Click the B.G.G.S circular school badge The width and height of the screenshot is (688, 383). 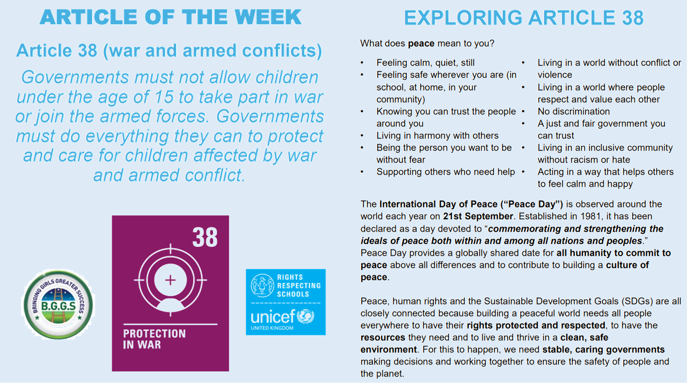pyautogui.click(x=58, y=305)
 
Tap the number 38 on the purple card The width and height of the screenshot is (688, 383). pyautogui.click(x=205, y=237)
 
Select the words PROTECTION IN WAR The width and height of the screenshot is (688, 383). pyautogui.click(x=154, y=339)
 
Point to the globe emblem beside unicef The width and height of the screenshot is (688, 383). pyautogui.click(x=306, y=317)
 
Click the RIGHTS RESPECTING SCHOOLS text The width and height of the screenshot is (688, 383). pyautogui.click(x=299, y=286)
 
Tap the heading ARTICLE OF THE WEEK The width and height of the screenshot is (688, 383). pyautogui.click(x=171, y=17)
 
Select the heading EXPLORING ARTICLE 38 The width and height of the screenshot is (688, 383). pyautogui.click(x=524, y=18)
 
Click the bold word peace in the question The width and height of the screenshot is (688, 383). pyautogui.click(x=421, y=44)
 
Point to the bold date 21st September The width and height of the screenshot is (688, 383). pyautogui.click(x=478, y=216)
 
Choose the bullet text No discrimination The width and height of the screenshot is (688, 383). pyautogui.click(x=574, y=111)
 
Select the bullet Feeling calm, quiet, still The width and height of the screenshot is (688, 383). pyautogui.click(x=425, y=63)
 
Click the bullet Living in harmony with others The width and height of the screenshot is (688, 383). pyautogui.click(x=437, y=135)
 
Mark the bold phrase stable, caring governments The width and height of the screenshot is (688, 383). pyautogui.click(x=603, y=349)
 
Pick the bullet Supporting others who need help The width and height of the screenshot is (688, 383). pyautogui.click(x=446, y=172)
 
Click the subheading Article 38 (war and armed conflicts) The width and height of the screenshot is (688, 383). pyautogui.click(x=169, y=50)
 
